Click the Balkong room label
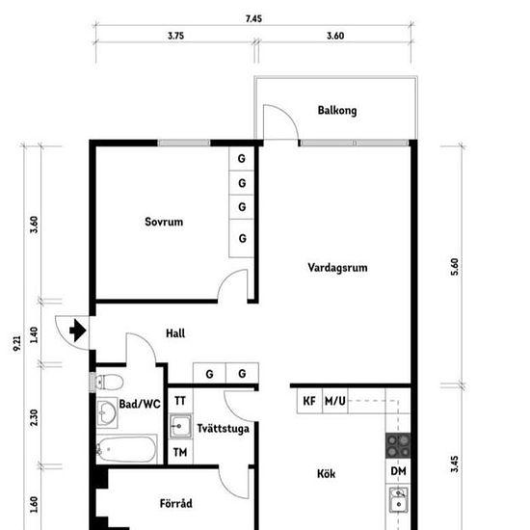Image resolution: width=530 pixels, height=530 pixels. [337, 111]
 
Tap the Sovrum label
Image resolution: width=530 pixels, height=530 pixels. [164, 222]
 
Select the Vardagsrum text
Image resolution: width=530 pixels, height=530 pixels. [337, 268]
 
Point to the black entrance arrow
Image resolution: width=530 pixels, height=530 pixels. [78, 331]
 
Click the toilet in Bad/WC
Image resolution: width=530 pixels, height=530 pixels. [109, 383]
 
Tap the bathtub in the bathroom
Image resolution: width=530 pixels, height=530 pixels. [126, 449]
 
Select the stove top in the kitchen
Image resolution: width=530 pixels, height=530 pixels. [398, 445]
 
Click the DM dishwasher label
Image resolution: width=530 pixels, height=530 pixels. [398, 471]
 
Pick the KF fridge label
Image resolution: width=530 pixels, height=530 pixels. [309, 401]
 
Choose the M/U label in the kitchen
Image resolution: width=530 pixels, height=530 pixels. [335, 401]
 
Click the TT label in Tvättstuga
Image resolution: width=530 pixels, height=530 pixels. [180, 401]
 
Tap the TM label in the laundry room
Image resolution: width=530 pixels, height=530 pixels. [180, 452]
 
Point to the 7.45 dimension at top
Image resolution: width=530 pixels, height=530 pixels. [253, 19]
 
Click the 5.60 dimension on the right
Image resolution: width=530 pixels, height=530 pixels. [455, 267]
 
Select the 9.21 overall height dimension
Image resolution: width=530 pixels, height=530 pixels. [17, 343]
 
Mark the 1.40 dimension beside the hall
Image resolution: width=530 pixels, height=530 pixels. [34, 334]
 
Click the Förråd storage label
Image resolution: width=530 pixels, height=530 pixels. [175, 503]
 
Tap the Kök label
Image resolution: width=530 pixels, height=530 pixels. [326, 474]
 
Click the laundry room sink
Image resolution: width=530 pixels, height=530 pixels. [180, 426]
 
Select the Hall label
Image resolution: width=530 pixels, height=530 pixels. [175, 333]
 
